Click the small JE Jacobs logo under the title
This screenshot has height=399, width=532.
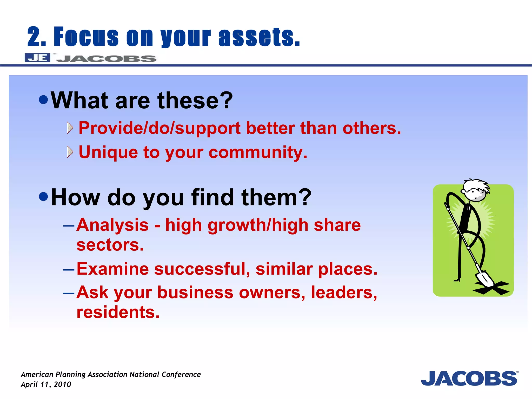coord(90,58)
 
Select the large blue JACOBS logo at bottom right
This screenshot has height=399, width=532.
coord(469,378)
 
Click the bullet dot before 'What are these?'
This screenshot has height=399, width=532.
coord(43,100)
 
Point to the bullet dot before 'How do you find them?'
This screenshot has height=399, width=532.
coord(43,197)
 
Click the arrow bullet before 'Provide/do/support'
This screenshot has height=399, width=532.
coord(70,128)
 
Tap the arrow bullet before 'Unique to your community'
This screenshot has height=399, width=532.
coord(70,152)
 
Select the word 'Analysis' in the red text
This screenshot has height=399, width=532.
coord(113,225)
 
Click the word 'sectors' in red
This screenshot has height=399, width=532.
coord(110,245)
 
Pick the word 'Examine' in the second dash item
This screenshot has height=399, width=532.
coord(112,269)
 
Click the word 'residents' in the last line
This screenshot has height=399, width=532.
coord(118,312)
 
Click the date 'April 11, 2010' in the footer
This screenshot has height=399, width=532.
coord(46,384)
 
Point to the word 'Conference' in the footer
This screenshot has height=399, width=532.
coord(181,375)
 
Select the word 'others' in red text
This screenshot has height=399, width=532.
coord(371,128)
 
